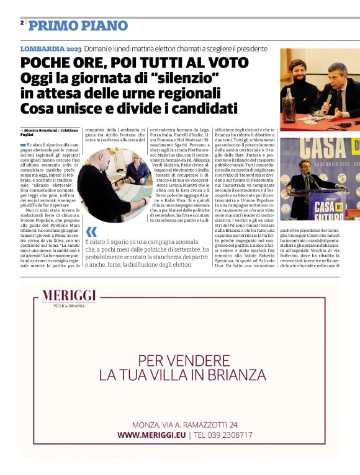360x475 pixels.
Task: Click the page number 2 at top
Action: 22,22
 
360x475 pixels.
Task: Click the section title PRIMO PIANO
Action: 78,26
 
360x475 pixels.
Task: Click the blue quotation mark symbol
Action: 92,233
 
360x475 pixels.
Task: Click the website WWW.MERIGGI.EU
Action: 151,435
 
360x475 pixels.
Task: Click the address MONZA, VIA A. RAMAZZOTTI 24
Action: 185,425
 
